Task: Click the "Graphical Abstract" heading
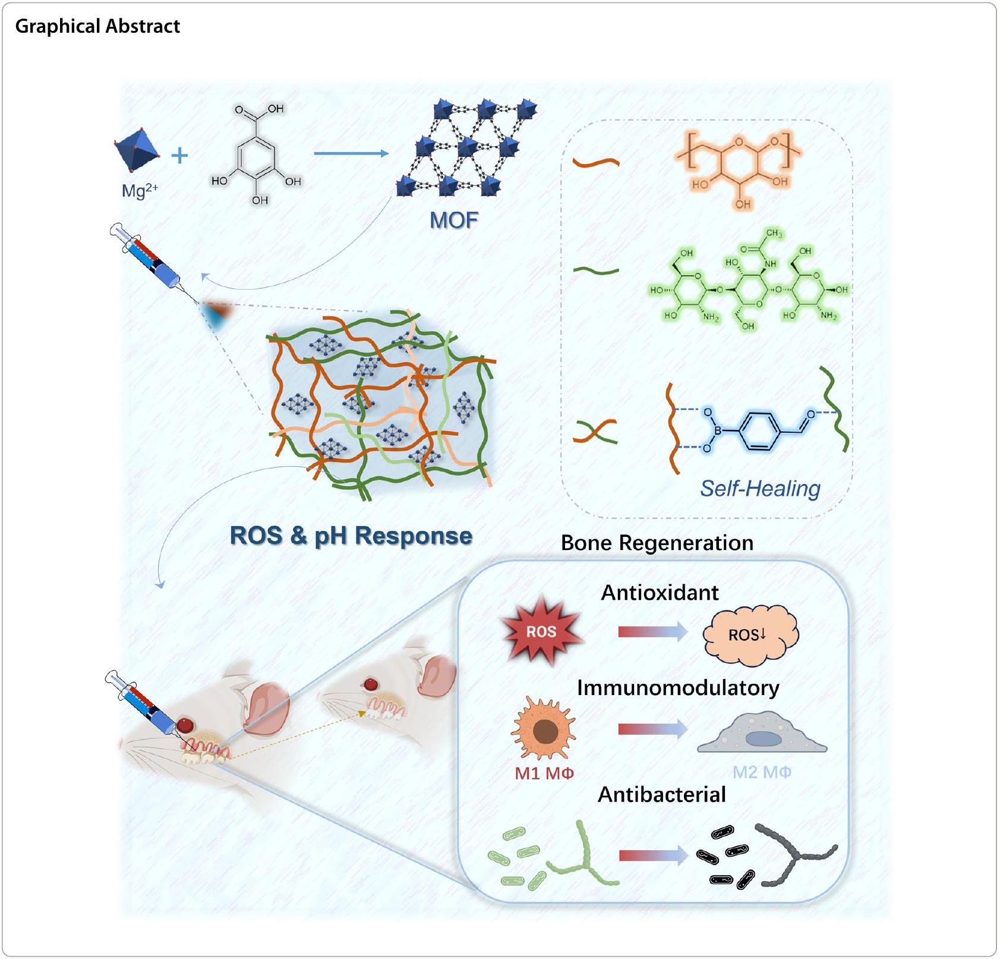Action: tap(97, 26)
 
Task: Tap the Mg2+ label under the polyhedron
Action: tap(139, 190)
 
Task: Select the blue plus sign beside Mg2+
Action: tap(179, 156)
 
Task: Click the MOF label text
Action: tap(454, 221)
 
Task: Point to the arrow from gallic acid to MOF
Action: tap(351, 153)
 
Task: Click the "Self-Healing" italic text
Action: tap(760, 488)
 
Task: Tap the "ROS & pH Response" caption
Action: tap(351, 536)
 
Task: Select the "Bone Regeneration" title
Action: tap(657, 543)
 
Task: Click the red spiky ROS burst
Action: tap(541, 631)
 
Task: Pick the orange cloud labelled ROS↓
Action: tap(750, 634)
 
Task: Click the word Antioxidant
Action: tap(660, 593)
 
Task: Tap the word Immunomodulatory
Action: tap(678, 688)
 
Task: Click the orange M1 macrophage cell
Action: tap(543, 730)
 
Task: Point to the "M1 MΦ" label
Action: tap(544, 773)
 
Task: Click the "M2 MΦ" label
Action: tap(762, 772)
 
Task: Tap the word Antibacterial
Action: tap(661, 795)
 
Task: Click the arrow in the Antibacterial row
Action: tap(652, 856)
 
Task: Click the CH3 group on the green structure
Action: tap(774, 233)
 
